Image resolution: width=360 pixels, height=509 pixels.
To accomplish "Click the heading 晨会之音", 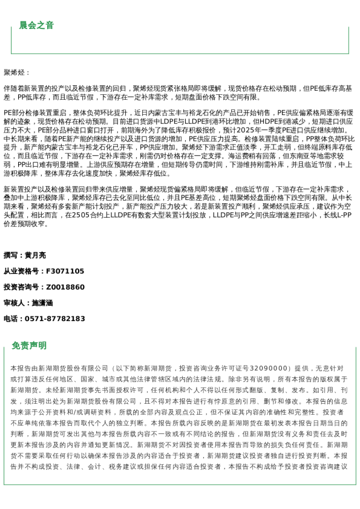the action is [x=36, y=25].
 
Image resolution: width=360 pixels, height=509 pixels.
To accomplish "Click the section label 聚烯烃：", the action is [x=17, y=73].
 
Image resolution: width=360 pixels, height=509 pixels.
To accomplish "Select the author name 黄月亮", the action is [x=35, y=255].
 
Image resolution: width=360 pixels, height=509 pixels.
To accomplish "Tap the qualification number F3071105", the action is [x=65, y=271].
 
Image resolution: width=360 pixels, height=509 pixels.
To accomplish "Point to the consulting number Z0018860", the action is [x=65, y=287].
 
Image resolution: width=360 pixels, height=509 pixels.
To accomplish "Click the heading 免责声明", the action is [x=29, y=346].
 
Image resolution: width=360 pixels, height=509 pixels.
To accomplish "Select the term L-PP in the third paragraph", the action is [x=345, y=215].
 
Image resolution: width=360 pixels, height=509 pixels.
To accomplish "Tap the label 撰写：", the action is [x=14, y=255].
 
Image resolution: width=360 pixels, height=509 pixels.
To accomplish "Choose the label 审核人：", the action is [x=18, y=303].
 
